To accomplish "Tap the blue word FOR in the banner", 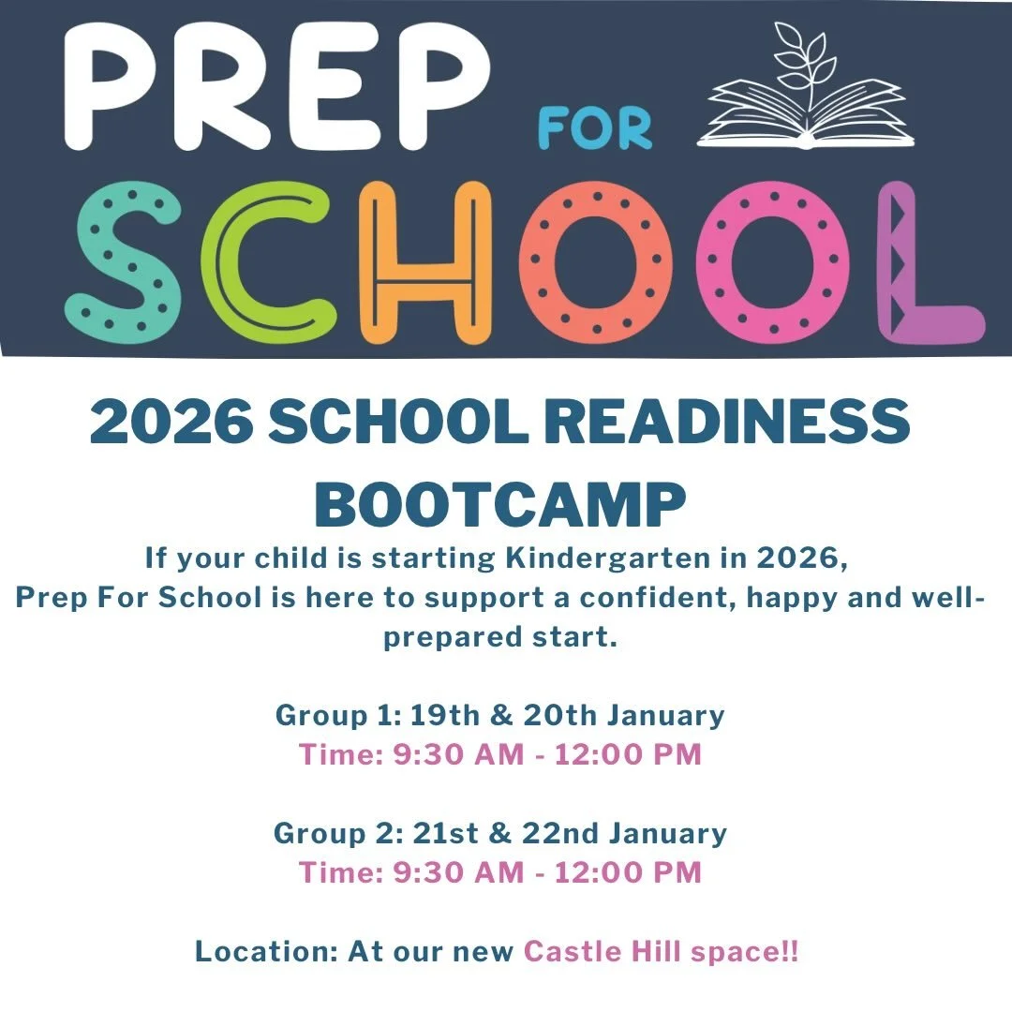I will tap(594, 129).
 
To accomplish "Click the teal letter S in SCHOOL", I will tap(121, 260).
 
